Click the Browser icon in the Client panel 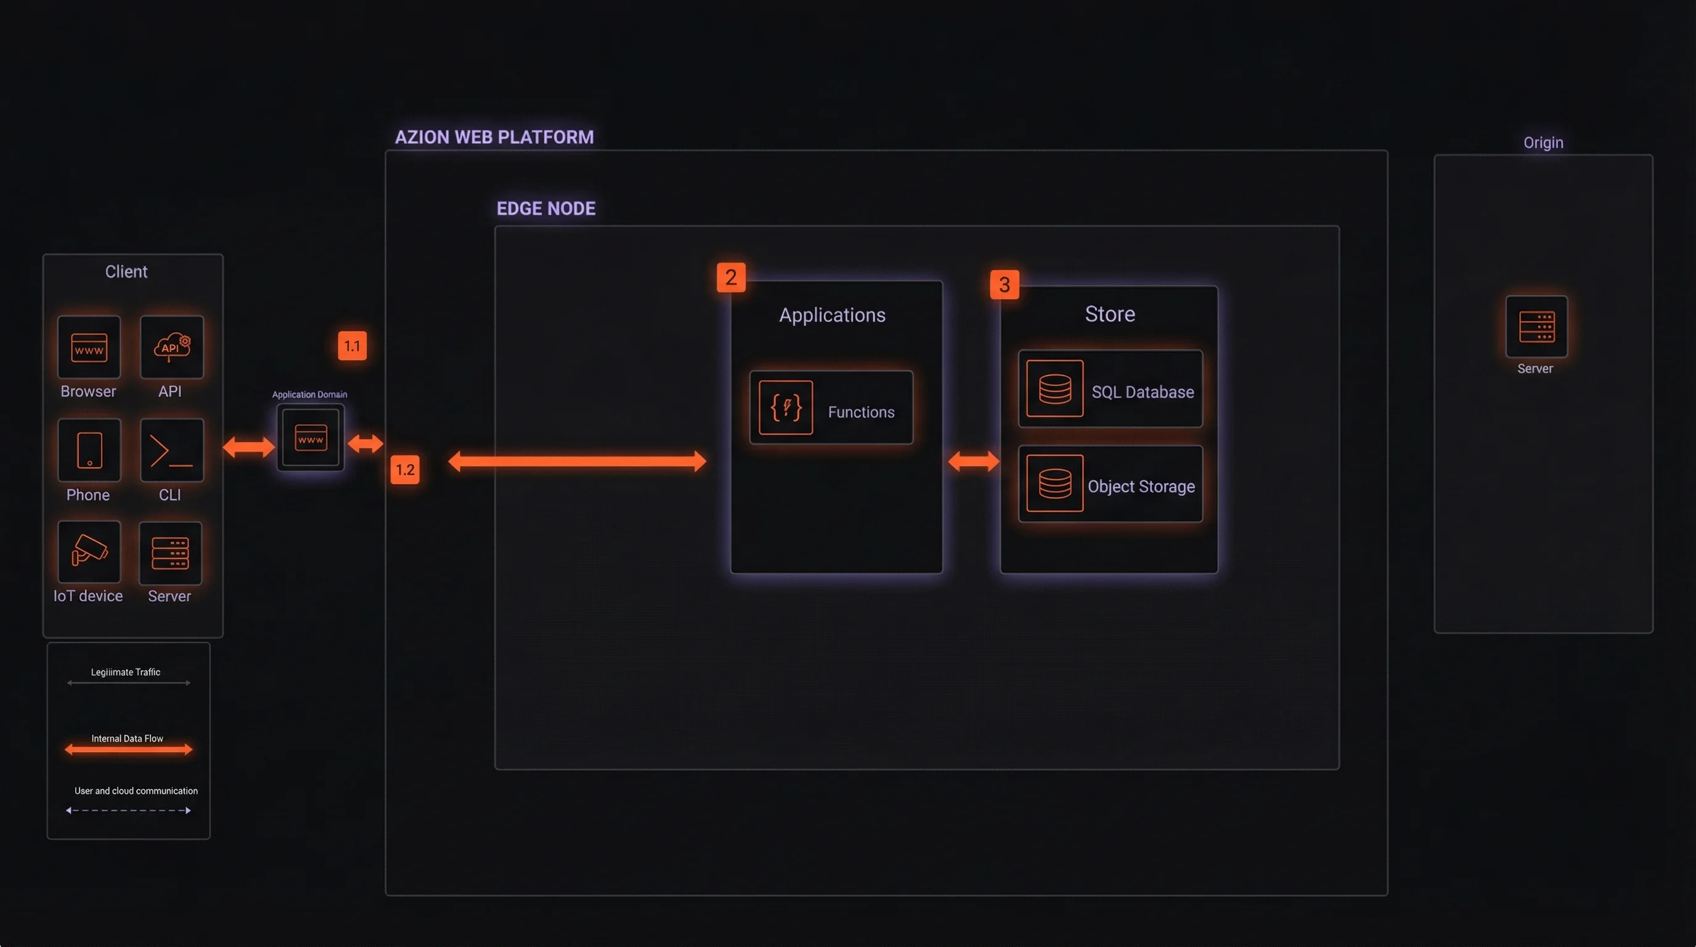(89, 347)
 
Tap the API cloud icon (172, 347)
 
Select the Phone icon (89, 451)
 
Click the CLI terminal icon (172, 451)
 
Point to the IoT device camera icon (89, 552)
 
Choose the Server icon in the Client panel (171, 552)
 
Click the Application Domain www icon (311, 437)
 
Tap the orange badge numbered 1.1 (353, 346)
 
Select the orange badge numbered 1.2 (405, 470)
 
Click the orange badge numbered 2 (731, 277)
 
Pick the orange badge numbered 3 (1004, 284)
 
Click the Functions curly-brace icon (786, 408)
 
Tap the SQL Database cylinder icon (1054, 388)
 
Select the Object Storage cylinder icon (1054, 483)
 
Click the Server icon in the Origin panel (1536, 327)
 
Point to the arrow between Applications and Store (974, 461)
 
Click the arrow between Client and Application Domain (249, 447)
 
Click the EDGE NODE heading (546, 209)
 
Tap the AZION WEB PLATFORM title (494, 137)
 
